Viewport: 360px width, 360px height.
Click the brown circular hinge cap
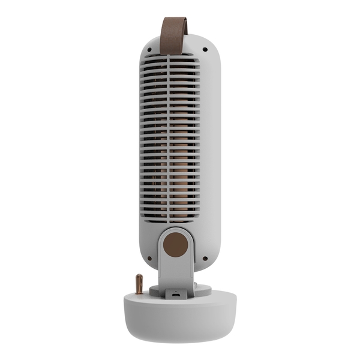(175, 244)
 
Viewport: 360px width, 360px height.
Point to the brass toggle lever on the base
(139, 283)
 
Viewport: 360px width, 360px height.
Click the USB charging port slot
(175, 295)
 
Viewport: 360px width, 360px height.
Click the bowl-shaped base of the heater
(179, 318)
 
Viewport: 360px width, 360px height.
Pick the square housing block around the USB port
(175, 293)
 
